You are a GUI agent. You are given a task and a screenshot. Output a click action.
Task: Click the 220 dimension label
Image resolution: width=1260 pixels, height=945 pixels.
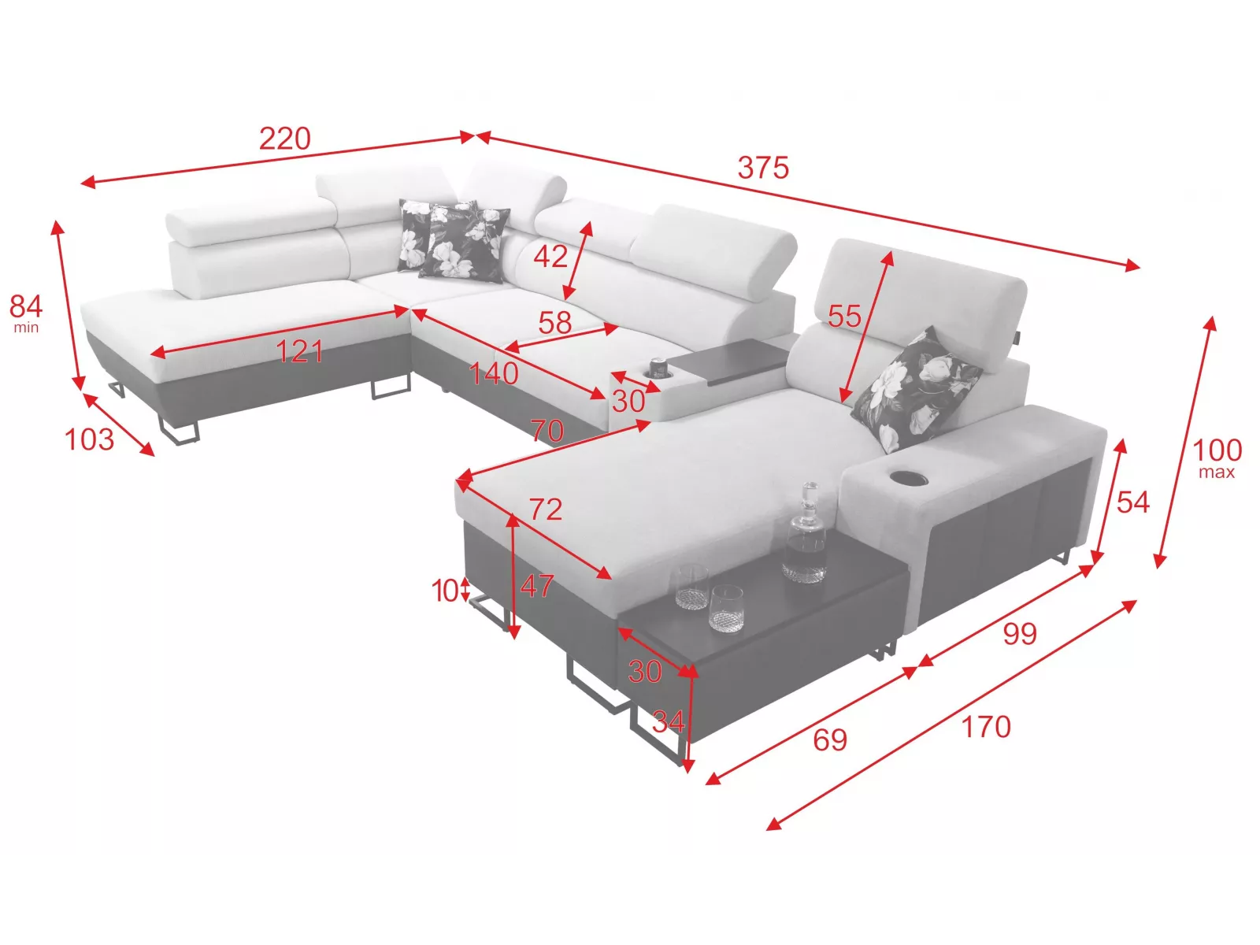pyautogui.click(x=285, y=139)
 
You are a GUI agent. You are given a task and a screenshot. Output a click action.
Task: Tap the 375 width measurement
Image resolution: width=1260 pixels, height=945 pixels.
pyautogui.click(x=763, y=168)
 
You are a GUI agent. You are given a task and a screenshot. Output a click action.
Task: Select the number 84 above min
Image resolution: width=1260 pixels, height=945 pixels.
pyautogui.click(x=26, y=306)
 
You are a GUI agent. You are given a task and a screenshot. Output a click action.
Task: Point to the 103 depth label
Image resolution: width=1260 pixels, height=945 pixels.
pyautogui.click(x=90, y=439)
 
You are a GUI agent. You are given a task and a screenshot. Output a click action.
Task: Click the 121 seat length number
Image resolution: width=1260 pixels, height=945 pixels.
pyautogui.click(x=299, y=351)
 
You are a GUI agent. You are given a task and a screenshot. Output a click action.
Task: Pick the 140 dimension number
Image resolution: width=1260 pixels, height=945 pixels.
pyautogui.click(x=494, y=373)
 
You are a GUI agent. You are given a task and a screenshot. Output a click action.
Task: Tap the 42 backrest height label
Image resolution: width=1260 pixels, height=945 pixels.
pyautogui.click(x=550, y=256)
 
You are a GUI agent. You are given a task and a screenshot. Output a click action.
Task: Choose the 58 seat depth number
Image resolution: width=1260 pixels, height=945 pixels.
pyautogui.click(x=555, y=322)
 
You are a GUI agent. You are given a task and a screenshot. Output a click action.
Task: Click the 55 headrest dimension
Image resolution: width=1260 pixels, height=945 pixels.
pyautogui.click(x=844, y=316)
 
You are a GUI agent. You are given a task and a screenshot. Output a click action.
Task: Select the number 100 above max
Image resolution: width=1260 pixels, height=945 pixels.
pyautogui.click(x=1217, y=450)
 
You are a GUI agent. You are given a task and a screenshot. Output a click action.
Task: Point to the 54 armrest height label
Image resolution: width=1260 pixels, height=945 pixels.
pyautogui.click(x=1133, y=502)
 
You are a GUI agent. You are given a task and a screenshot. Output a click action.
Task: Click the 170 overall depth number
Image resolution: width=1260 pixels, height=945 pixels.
pyautogui.click(x=986, y=727)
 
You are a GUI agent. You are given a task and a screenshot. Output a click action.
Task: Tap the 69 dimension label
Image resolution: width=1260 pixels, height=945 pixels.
pyautogui.click(x=830, y=739)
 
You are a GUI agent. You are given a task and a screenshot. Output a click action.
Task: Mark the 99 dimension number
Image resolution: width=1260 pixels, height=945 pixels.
pyautogui.click(x=1020, y=634)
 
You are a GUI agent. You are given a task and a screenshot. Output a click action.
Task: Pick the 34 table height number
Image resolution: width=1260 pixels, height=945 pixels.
pyautogui.click(x=668, y=721)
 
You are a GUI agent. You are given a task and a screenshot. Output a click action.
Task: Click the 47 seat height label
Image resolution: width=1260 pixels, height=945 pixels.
pyautogui.click(x=537, y=586)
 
